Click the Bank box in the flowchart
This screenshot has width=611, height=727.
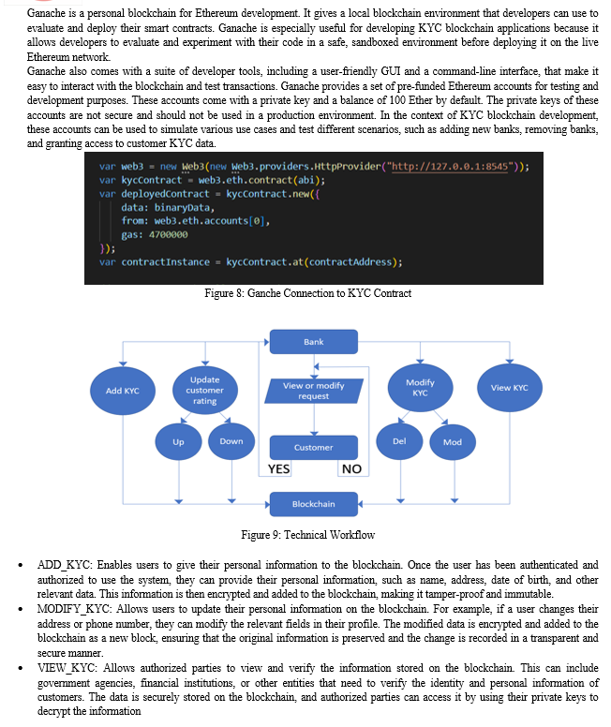tap(314, 342)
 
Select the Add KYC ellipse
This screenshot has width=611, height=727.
tap(123, 391)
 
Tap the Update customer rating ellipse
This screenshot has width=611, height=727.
tap(205, 390)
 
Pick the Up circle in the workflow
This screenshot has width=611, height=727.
tap(178, 442)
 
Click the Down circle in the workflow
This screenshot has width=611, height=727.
tap(231, 441)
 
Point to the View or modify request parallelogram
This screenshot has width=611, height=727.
tap(314, 391)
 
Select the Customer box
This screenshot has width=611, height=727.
tap(314, 448)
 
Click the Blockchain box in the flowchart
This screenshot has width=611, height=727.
tap(314, 504)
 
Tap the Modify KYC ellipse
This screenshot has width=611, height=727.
tap(421, 388)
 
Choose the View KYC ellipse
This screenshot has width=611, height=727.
tap(510, 388)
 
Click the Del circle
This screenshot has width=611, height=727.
tap(399, 441)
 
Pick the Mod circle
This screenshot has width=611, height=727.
tap(453, 442)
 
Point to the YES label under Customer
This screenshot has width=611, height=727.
tap(279, 469)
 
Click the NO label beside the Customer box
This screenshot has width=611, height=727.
tap(351, 469)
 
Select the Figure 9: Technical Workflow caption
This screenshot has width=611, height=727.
tap(307, 535)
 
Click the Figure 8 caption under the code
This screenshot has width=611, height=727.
tap(307, 293)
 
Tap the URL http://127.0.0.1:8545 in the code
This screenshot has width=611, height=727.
tap(450, 167)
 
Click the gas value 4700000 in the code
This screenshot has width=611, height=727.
tap(169, 234)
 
